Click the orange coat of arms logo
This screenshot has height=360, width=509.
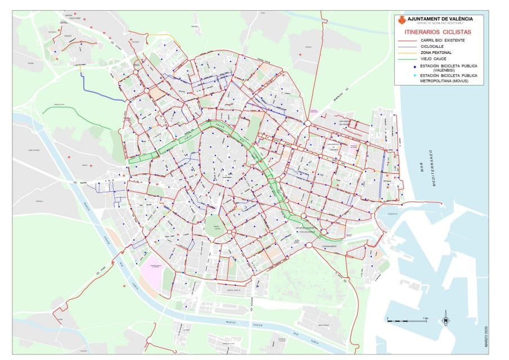tap(401, 21)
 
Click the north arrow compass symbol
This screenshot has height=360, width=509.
tap(445, 318)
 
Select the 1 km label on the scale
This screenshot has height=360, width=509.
tap(426, 318)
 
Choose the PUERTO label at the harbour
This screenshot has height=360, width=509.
tap(390, 214)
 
